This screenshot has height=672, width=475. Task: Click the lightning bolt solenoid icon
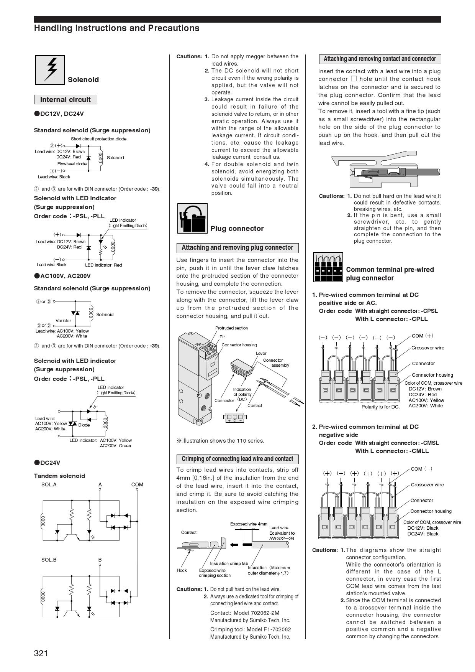pyautogui.click(x=50, y=70)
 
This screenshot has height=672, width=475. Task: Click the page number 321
pyautogui.click(x=41, y=653)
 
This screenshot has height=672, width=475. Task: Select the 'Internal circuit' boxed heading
pyautogui.click(x=66, y=100)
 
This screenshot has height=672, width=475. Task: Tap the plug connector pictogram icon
pyautogui.click(x=192, y=218)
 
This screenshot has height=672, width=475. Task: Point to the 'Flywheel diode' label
pyautogui.click(x=72, y=164)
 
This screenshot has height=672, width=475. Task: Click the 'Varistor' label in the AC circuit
pyautogui.click(x=63, y=321)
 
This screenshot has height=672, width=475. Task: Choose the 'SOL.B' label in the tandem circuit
pyautogui.click(x=49, y=560)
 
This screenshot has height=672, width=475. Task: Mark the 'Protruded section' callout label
pyautogui.click(x=231, y=328)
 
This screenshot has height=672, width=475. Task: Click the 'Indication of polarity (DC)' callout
pyautogui.click(x=242, y=394)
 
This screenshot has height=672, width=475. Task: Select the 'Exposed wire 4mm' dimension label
pyautogui.click(x=249, y=524)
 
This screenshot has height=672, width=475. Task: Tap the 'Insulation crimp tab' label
pyautogui.click(x=229, y=563)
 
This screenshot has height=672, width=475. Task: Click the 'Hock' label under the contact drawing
pyautogui.click(x=182, y=570)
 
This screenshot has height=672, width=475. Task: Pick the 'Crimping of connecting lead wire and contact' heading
pyautogui.click(x=237, y=459)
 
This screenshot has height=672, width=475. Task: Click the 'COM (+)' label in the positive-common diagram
pyautogui.click(x=422, y=336)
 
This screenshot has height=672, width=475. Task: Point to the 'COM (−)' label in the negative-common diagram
pyautogui.click(x=421, y=469)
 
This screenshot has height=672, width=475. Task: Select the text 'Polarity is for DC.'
pyautogui.click(x=380, y=407)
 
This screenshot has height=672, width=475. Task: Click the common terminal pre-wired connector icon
pyautogui.click(x=328, y=267)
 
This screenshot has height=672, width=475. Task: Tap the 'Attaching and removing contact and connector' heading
pyautogui.click(x=380, y=59)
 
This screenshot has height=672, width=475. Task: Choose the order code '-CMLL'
pyautogui.click(x=419, y=451)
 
